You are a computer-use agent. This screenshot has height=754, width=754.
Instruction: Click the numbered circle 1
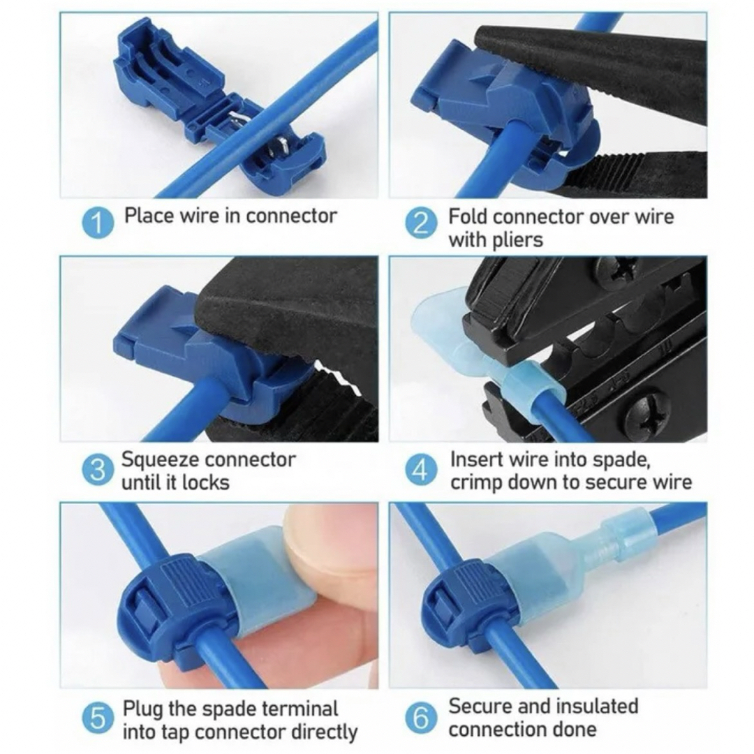point(98,223)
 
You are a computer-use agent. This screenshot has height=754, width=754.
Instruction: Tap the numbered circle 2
point(421,223)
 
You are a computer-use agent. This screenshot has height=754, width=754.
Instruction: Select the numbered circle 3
point(98,470)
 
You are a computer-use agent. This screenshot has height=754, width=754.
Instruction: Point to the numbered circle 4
point(421,470)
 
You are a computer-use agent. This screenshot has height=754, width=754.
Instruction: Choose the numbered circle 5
point(98,718)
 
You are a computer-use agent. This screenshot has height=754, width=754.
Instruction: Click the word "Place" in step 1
point(149,216)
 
